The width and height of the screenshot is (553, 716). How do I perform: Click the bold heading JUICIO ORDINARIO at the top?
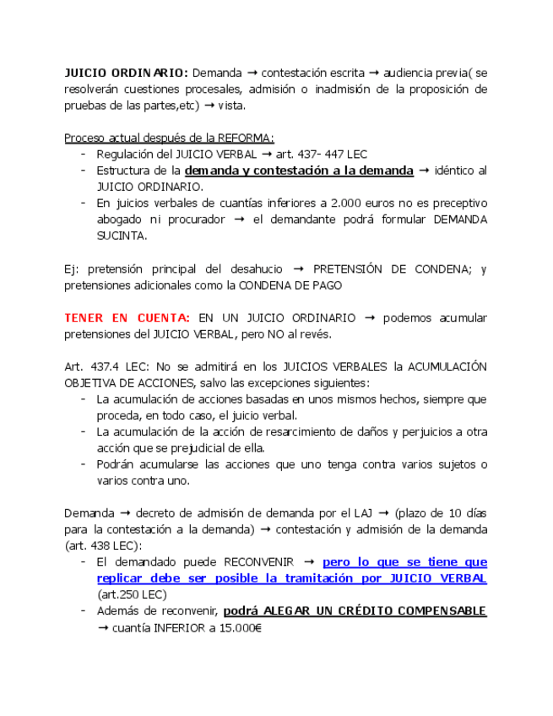(126, 73)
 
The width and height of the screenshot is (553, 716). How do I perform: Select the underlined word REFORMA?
(244, 138)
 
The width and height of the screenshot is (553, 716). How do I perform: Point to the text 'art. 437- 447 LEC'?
(322, 155)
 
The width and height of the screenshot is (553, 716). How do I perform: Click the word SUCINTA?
(122, 236)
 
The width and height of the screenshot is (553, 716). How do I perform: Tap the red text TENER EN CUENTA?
(127, 318)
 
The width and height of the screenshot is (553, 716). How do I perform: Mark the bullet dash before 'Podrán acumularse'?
(83, 464)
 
